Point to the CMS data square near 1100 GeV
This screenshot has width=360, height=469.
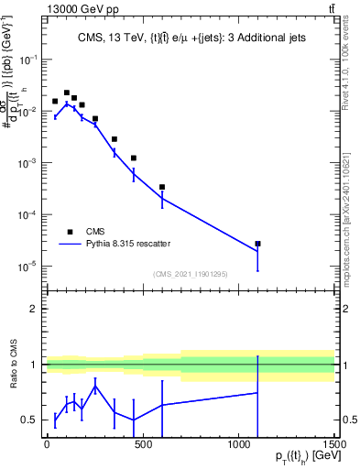257,244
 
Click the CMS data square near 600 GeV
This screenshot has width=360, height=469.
162,187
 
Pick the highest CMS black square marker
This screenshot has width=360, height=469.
67,93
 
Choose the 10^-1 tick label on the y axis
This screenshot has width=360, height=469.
28,59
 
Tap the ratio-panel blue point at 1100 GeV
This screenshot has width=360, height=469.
257,393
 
